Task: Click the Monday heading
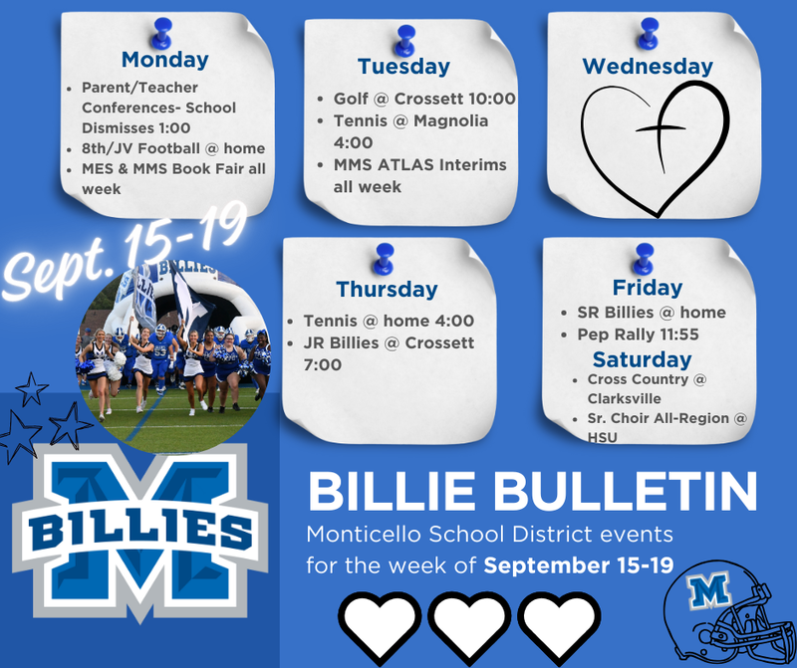click(x=164, y=60)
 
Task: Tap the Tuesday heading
click(x=403, y=67)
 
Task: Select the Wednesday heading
click(x=648, y=66)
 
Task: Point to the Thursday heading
click(x=387, y=290)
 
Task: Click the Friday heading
click(x=648, y=288)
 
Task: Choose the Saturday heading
click(x=642, y=358)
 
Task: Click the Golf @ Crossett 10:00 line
click(x=423, y=99)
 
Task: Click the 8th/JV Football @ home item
click(x=173, y=148)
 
